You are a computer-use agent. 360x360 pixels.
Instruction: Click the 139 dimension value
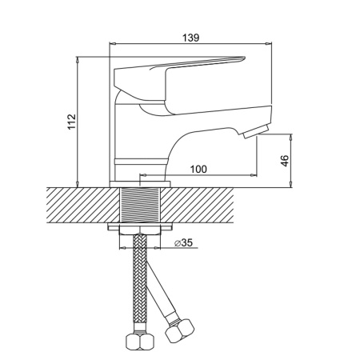point(190,38)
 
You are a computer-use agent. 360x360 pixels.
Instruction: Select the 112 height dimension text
point(72,122)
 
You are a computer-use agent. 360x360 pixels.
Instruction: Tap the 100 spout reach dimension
point(198,169)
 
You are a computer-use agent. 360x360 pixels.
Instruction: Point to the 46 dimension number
point(285,161)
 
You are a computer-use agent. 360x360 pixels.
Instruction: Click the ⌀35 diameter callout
point(183,242)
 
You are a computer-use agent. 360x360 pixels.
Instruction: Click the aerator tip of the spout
point(256,131)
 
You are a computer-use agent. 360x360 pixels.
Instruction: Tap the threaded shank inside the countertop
point(140,205)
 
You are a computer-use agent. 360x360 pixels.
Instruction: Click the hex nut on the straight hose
point(140,341)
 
